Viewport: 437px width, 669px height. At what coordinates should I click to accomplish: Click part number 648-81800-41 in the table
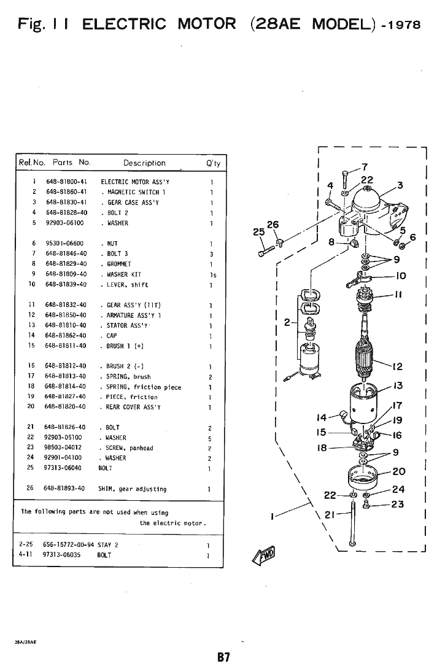[x=66, y=182]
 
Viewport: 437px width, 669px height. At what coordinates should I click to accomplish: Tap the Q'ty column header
[x=213, y=163]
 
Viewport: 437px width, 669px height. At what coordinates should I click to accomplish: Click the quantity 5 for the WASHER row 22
[x=211, y=438]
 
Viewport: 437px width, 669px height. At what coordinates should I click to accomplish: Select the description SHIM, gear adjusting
[x=132, y=489]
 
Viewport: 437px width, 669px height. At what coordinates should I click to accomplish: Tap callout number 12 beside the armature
[x=397, y=366]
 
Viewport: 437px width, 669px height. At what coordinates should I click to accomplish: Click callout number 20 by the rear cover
[x=399, y=471]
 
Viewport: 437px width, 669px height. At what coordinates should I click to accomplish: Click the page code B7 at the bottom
[x=223, y=657]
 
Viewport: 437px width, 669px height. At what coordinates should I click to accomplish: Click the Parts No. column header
[x=72, y=163]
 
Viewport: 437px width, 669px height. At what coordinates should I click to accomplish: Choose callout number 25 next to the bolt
[x=259, y=232]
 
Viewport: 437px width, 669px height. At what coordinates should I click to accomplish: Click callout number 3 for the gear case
[x=400, y=185]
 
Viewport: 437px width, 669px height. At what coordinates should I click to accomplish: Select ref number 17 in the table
[x=32, y=376]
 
